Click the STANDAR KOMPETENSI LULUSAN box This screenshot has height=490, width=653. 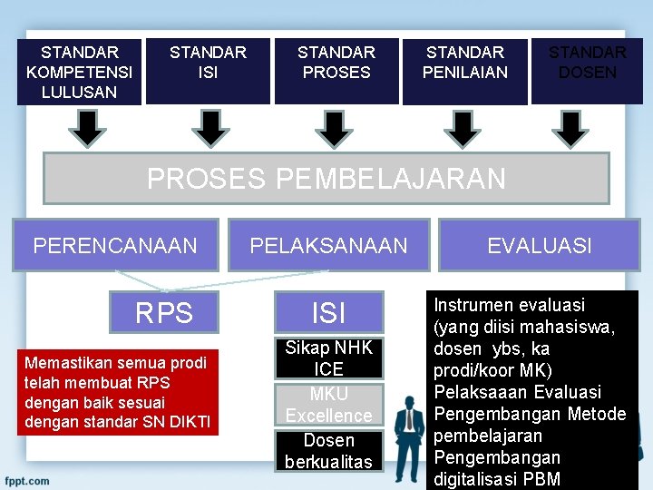coord(79,72)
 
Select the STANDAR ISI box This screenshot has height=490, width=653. coord(208,72)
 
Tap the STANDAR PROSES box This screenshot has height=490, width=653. coord(336,72)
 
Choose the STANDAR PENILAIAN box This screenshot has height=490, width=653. coord(465,72)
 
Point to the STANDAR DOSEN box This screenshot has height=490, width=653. coord(588,72)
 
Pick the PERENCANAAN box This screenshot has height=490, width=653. coord(115,245)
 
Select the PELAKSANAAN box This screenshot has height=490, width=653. coord(328,245)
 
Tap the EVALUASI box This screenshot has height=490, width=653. coord(539,245)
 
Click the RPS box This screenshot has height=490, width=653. coord(164,313)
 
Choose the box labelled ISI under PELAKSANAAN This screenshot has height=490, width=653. coord(328,313)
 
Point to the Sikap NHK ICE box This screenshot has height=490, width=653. coord(328,358)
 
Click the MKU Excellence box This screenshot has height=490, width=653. coord(328,405)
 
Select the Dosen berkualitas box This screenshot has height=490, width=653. coord(328,451)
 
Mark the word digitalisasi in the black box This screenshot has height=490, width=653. coord(473,479)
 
